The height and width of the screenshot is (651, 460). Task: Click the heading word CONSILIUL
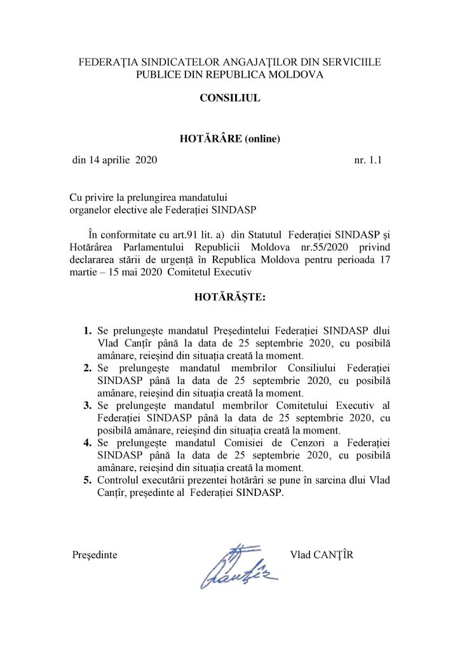tap(229, 99)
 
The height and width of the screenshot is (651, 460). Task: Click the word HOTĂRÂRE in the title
tap(212, 139)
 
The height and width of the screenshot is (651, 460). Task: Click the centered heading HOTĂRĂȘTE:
tap(229, 297)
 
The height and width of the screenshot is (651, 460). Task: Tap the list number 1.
tap(88, 331)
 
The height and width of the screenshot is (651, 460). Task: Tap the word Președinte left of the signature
tap(95, 554)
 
